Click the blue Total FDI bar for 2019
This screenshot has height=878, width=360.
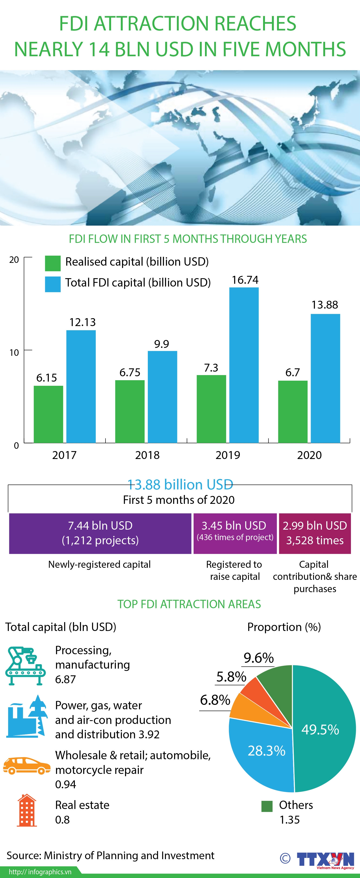pos(244,365)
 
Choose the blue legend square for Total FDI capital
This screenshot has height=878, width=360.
pos(53,284)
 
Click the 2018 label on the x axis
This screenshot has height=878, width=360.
pos(147,455)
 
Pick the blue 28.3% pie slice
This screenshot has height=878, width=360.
pos(262,753)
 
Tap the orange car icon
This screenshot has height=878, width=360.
pos(25,766)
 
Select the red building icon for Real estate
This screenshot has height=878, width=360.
pos(27,812)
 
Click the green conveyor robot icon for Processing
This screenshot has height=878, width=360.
pos(26,666)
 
